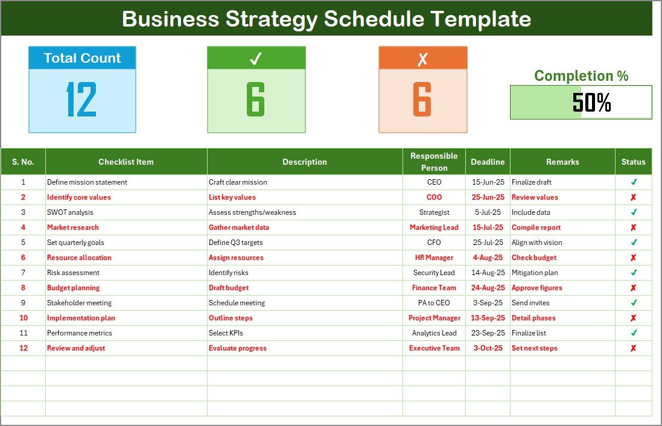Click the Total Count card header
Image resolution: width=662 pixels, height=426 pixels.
(82, 59)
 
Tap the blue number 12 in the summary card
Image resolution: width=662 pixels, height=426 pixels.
(81, 100)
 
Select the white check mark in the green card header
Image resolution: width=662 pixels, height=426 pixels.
(256, 59)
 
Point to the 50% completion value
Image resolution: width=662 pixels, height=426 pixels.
(591, 103)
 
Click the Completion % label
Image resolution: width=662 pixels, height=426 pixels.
(581, 76)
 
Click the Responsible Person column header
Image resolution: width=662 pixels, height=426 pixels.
(434, 162)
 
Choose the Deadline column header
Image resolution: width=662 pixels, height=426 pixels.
(488, 162)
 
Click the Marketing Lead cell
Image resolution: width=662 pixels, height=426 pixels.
(434, 227)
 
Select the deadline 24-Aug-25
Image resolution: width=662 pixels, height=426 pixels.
(488, 288)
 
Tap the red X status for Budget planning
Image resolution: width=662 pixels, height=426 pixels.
(633, 288)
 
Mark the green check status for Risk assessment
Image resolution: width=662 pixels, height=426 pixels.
(633, 273)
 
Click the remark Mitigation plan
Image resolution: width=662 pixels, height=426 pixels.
(534, 273)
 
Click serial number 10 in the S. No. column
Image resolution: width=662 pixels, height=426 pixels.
(24, 318)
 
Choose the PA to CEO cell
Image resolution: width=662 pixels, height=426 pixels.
(434, 303)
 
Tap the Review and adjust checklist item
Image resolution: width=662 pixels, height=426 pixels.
(76, 348)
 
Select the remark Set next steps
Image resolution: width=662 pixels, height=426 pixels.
(534, 348)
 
